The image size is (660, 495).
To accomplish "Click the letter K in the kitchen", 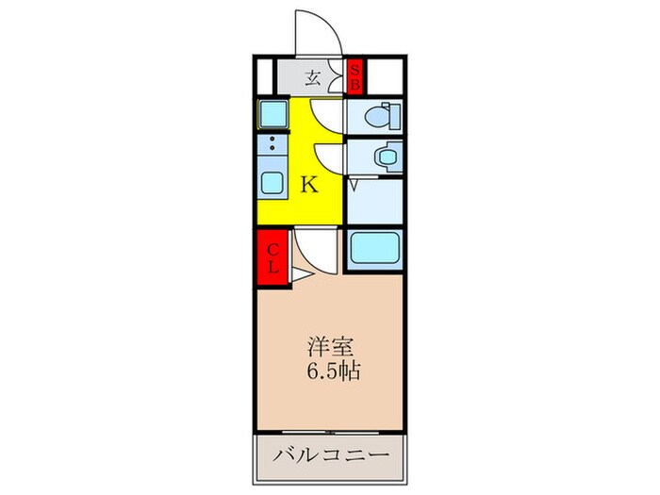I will (x=308, y=186).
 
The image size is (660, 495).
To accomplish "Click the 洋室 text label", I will (x=327, y=344).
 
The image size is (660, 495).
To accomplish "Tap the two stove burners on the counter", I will (x=272, y=144).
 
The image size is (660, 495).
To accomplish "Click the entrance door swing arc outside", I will (x=317, y=33).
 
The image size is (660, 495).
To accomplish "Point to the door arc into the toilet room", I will (x=327, y=113).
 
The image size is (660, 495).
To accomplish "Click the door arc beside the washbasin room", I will (x=328, y=156).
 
